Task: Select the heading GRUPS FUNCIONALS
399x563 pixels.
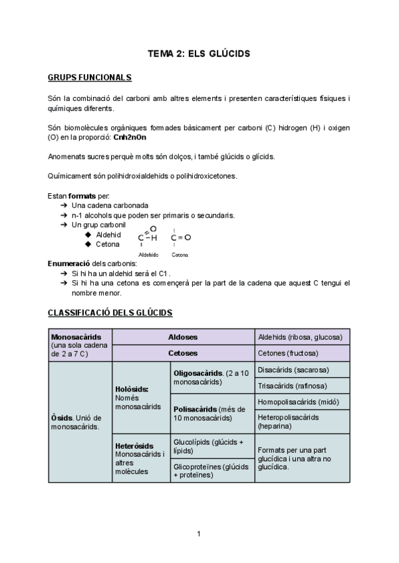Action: tap(90, 78)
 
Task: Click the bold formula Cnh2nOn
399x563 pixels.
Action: tap(130, 137)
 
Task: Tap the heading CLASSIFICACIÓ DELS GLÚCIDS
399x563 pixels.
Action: tap(110, 312)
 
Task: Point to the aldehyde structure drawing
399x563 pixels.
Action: tap(148, 236)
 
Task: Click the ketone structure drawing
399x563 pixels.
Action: tap(180, 238)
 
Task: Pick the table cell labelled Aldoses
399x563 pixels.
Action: tap(183, 337)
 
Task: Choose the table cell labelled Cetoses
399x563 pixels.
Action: tap(183, 353)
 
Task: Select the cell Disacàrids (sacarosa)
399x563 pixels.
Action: tap(293, 370)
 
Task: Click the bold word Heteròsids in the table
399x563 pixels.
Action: tap(134, 445)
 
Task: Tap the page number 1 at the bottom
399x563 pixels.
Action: tap(199, 532)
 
